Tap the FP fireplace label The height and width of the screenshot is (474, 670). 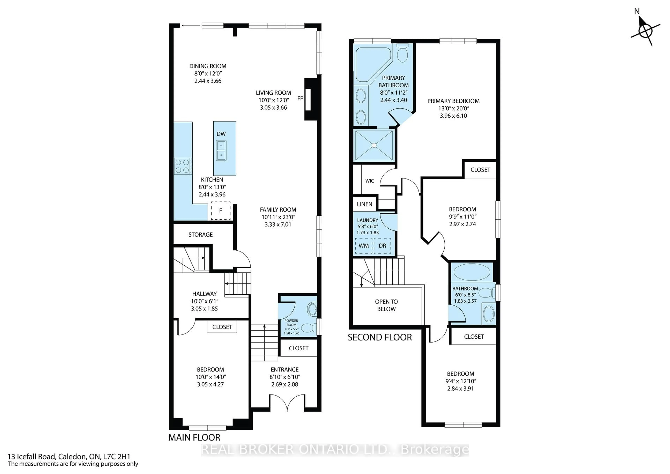(300, 98)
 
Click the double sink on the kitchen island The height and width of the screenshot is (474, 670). (221, 150)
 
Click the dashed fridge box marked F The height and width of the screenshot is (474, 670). (221, 210)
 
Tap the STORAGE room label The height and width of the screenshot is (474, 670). (200, 234)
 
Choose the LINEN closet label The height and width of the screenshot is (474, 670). (364, 204)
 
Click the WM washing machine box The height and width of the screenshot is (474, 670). (364, 245)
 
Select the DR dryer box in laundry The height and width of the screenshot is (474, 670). (382, 245)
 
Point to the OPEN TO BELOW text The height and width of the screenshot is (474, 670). (386, 305)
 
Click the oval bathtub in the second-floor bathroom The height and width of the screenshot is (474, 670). (472, 272)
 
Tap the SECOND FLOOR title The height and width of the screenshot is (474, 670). (380, 337)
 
